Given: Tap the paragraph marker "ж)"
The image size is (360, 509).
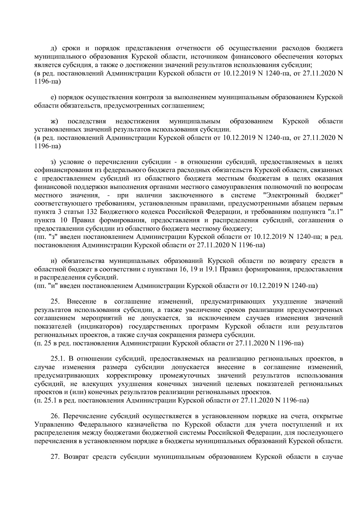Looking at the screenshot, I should (x=55, y=121).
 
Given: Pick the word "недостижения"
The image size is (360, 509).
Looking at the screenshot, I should (x=137, y=121).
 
